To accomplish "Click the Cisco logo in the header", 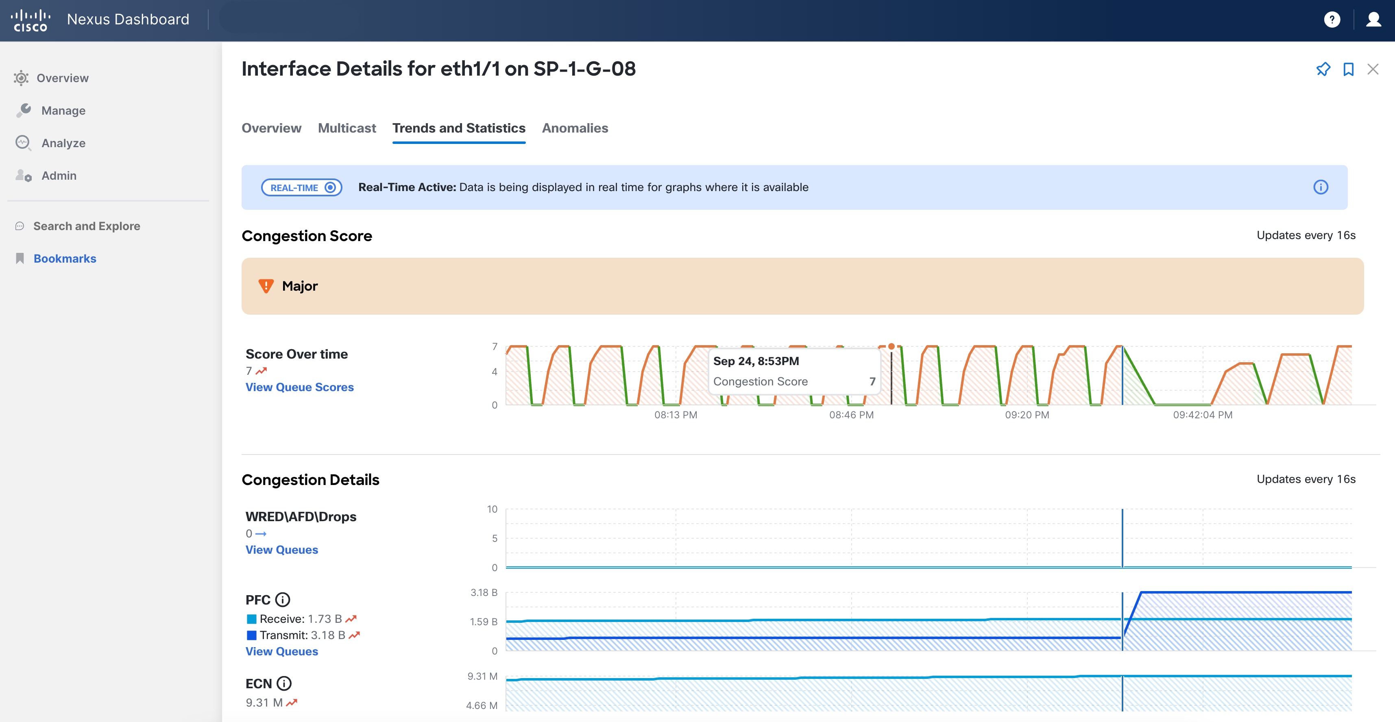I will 31,20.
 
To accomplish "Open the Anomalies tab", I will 575,128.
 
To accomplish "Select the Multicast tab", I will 347,128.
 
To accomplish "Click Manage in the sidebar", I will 63,111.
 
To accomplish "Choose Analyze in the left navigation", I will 63,143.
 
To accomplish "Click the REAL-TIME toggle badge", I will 302,187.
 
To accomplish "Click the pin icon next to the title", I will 1323,69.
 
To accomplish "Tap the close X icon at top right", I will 1373,69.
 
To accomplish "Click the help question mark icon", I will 1332,20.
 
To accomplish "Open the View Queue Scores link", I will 299,387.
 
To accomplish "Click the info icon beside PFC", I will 283,600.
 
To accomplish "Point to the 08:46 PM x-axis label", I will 851,415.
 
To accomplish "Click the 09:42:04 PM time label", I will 1202,415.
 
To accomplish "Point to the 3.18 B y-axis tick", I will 484,593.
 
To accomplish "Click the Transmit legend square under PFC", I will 251,635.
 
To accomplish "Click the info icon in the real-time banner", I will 1320,187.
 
